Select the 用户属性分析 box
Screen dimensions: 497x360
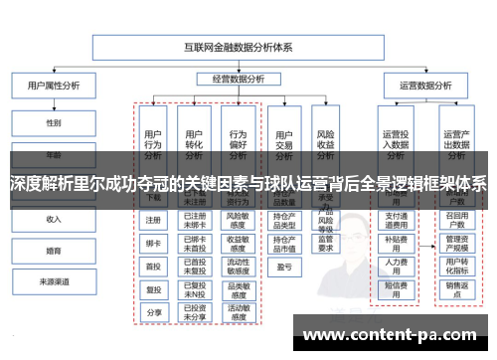[x=54, y=86]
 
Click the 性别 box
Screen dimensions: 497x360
[x=54, y=123]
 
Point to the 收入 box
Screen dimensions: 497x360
[x=54, y=219]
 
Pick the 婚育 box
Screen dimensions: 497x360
[x=54, y=251]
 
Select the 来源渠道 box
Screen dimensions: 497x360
[x=54, y=282]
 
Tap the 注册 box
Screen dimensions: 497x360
[x=153, y=220]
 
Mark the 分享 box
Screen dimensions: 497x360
[x=153, y=311]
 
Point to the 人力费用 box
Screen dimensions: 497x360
[x=396, y=266]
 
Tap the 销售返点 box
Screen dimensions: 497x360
[x=455, y=289]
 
